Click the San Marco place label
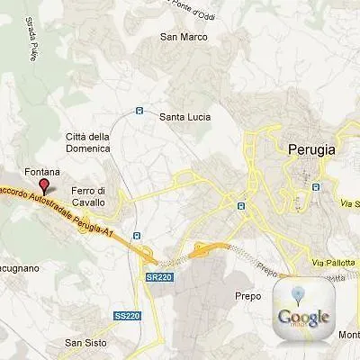point(184,37)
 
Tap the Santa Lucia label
point(184,117)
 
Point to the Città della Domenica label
point(87,141)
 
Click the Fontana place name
point(42,171)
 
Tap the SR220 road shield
point(157,278)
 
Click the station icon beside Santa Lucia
point(139,111)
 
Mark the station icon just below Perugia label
point(316,187)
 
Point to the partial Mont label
point(348,335)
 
